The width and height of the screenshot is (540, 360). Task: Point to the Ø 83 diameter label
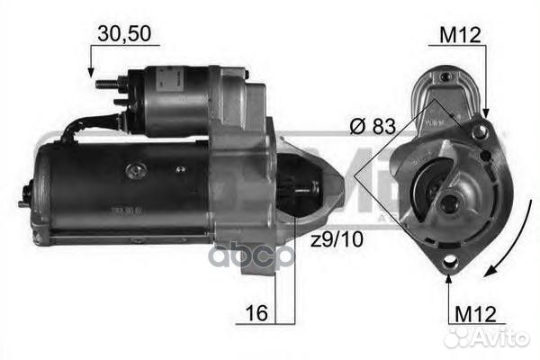point(371,127)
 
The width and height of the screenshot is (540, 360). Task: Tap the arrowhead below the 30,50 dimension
point(90,70)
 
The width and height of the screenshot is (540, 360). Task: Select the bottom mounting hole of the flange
point(448,263)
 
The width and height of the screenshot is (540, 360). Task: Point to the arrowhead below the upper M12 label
point(487,112)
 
